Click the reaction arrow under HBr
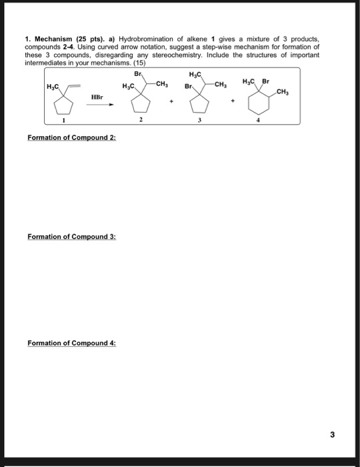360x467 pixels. (102, 105)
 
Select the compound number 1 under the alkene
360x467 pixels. (63, 121)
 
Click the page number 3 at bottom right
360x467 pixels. (331, 434)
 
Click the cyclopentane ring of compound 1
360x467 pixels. (63, 102)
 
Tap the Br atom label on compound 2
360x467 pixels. (138, 74)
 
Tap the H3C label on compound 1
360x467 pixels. (52, 87)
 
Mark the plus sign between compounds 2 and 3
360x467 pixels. (173, 104)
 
